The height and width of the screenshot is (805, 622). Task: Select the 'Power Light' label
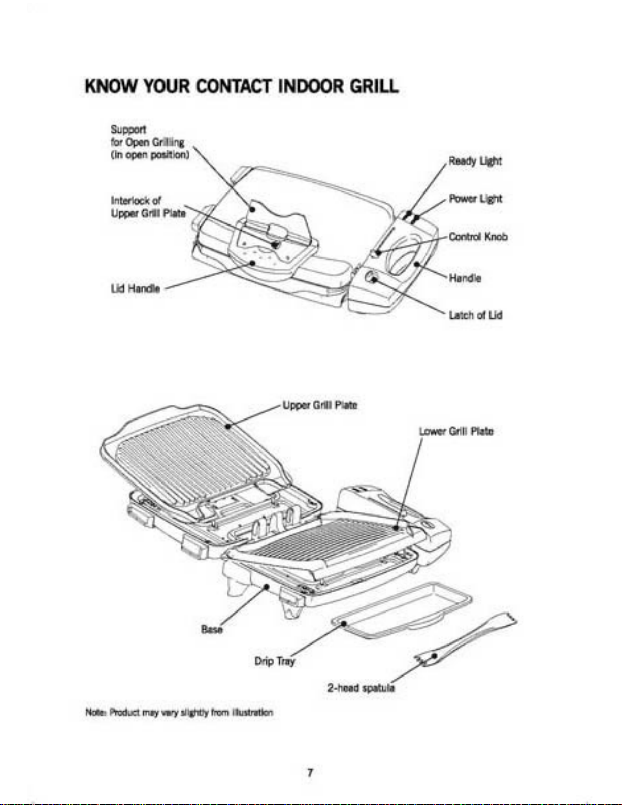[475, 199]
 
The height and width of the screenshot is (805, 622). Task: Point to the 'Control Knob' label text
[478, 237]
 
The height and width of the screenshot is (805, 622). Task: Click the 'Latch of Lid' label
[475, 315]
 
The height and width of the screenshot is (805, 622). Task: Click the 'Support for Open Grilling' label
[150, 142]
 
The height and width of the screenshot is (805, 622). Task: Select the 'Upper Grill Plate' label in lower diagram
[320, 405]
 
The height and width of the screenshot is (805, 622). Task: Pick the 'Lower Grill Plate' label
[455, 431]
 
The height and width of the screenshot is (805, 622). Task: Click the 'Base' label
[212, 629]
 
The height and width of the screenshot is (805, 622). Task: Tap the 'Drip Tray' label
[274, 661]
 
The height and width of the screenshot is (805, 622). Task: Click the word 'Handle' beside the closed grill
[465, 278]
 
